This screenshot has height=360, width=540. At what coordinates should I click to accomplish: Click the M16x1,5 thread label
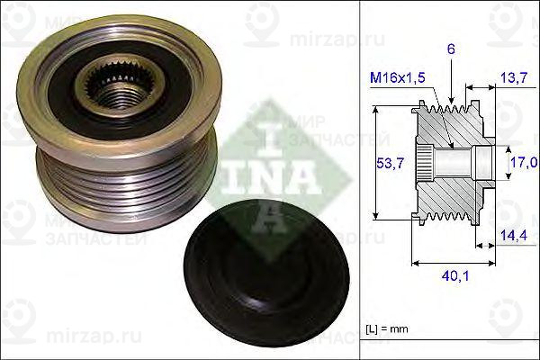(398, 77)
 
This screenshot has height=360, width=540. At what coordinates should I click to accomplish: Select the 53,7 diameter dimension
(390, 163)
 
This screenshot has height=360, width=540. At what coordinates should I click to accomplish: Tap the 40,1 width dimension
(454, 275)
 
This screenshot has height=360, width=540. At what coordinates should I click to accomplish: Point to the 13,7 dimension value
(514, 78)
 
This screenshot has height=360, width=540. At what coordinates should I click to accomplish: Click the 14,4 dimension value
(514, 235)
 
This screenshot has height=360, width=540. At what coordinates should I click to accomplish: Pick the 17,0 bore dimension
(524, 162)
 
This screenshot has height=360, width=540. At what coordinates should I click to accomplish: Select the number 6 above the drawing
(451, 49)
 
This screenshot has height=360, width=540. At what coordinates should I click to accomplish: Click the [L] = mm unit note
(387, 329)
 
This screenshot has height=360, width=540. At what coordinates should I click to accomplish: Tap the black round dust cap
(266, 274)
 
